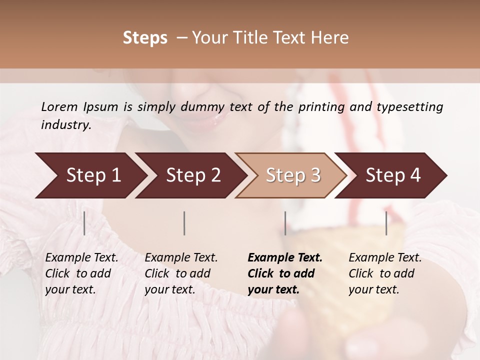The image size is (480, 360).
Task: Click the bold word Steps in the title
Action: (145, 38)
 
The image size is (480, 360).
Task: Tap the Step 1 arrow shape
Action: (90, 175)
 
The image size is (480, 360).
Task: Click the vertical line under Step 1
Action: (84, 223)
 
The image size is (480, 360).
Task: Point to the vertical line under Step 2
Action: (184, 223)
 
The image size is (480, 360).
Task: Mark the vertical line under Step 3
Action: (285, 223)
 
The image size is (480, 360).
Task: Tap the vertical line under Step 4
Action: (386, 223)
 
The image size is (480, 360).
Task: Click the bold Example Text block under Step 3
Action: (285, 273)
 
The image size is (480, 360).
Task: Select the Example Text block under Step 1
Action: (81, 273)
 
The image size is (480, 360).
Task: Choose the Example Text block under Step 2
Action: (181, 273)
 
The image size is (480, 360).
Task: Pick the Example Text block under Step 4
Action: (385, 273)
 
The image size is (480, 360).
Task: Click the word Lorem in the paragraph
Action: (59, 106)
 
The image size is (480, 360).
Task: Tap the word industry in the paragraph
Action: (65, 124)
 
